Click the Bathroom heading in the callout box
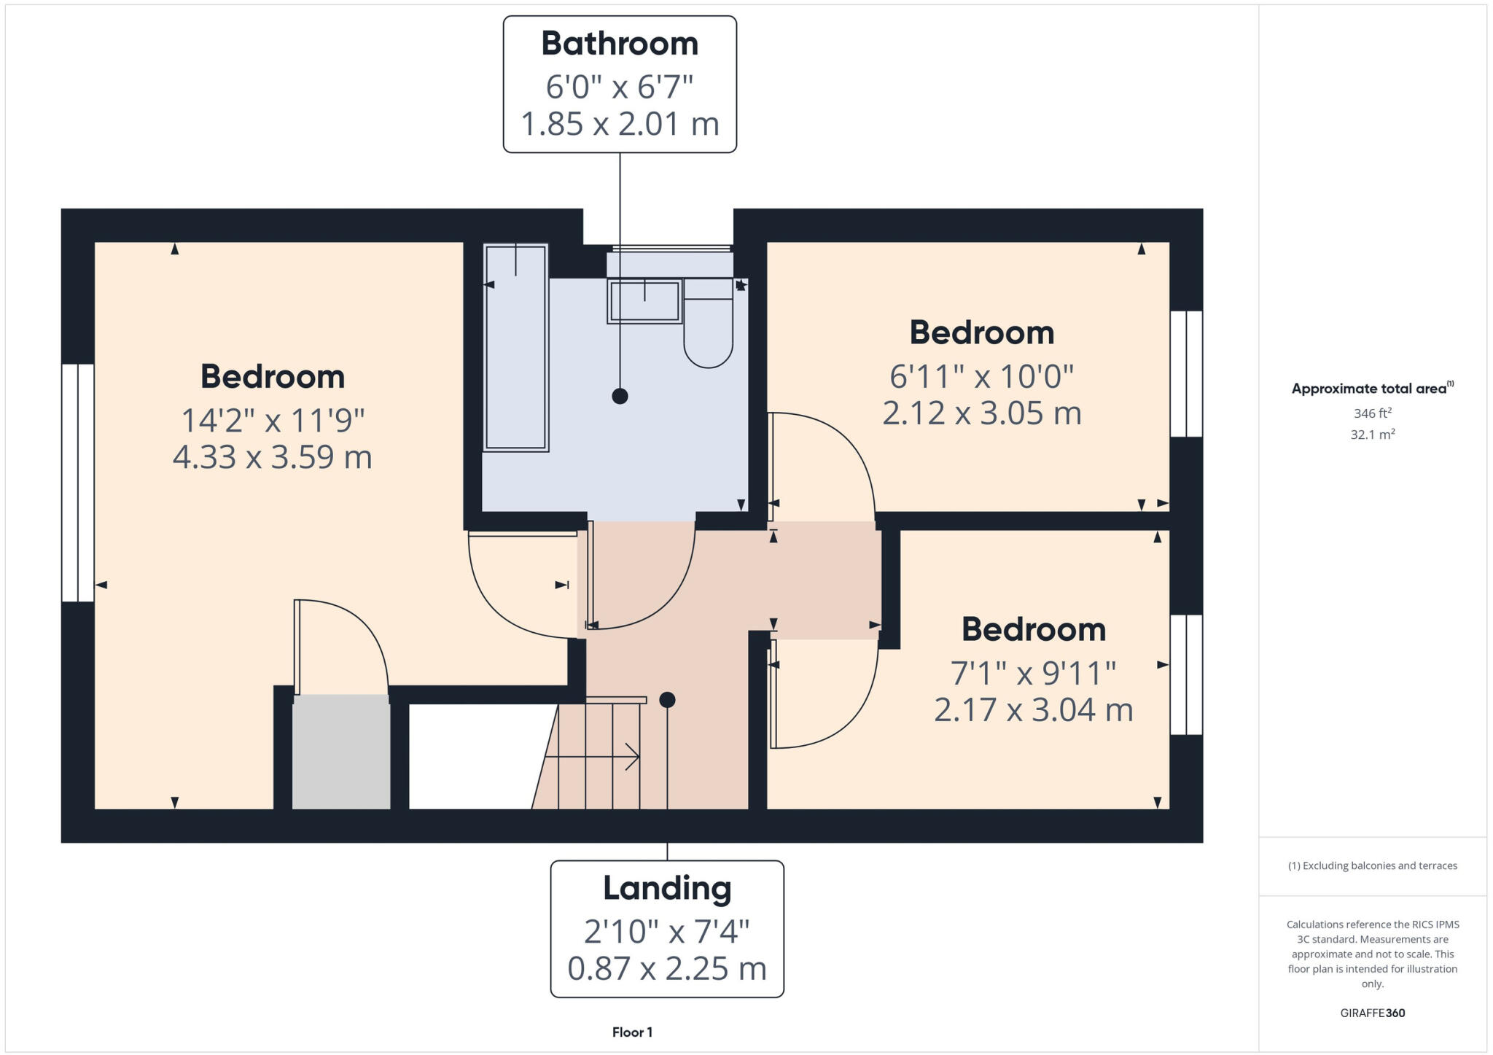click(x=620, y=44)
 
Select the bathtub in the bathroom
click(x=515, y=347)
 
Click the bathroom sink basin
click(x=644, y=301)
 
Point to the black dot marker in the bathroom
click(x=620, y=396)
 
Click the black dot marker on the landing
click(x=667, y=700)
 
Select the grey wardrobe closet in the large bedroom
click(x=341, y=752)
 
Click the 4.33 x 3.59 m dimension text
click(x=272, y=457)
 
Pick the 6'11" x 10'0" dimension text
click(x=981, y=377)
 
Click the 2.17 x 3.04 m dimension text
click(x=1033, y=709)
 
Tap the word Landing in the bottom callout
click(x=666, y=888)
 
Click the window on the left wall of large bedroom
click(x=78, y=482)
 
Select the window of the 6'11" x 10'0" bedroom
click(x=1186, y=374)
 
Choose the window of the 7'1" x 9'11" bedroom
click(x=1186, y=674)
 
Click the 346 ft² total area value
click(x=1372, y=413)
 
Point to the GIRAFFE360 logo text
click(x=1372, y=1013)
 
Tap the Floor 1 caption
click(x=632, y=1032)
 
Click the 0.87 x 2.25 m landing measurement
click(x=666, y=968)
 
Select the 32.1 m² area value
click(x=1372, y=435)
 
